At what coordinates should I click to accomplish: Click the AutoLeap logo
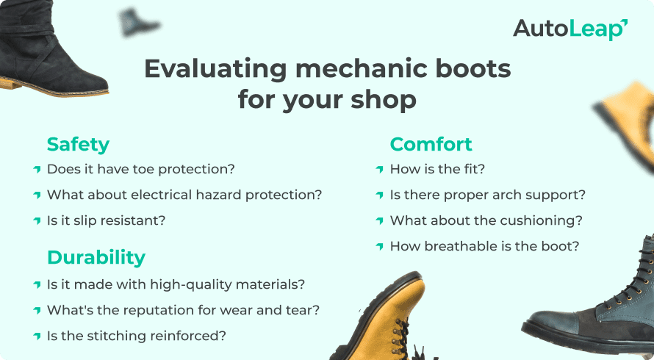tap(569, 29)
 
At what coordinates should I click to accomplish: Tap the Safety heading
tap(78, 144)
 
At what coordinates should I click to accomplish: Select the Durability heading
tap(96, 257)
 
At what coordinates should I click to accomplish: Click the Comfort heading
tap(431, 144)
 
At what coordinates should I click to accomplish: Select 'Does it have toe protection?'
tap(140, 169)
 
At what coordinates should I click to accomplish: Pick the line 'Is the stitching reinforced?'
tap(136, 336)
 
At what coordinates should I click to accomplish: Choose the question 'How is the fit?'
tap(437, 169)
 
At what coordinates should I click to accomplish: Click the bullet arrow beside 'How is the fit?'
tap(379, 170)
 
